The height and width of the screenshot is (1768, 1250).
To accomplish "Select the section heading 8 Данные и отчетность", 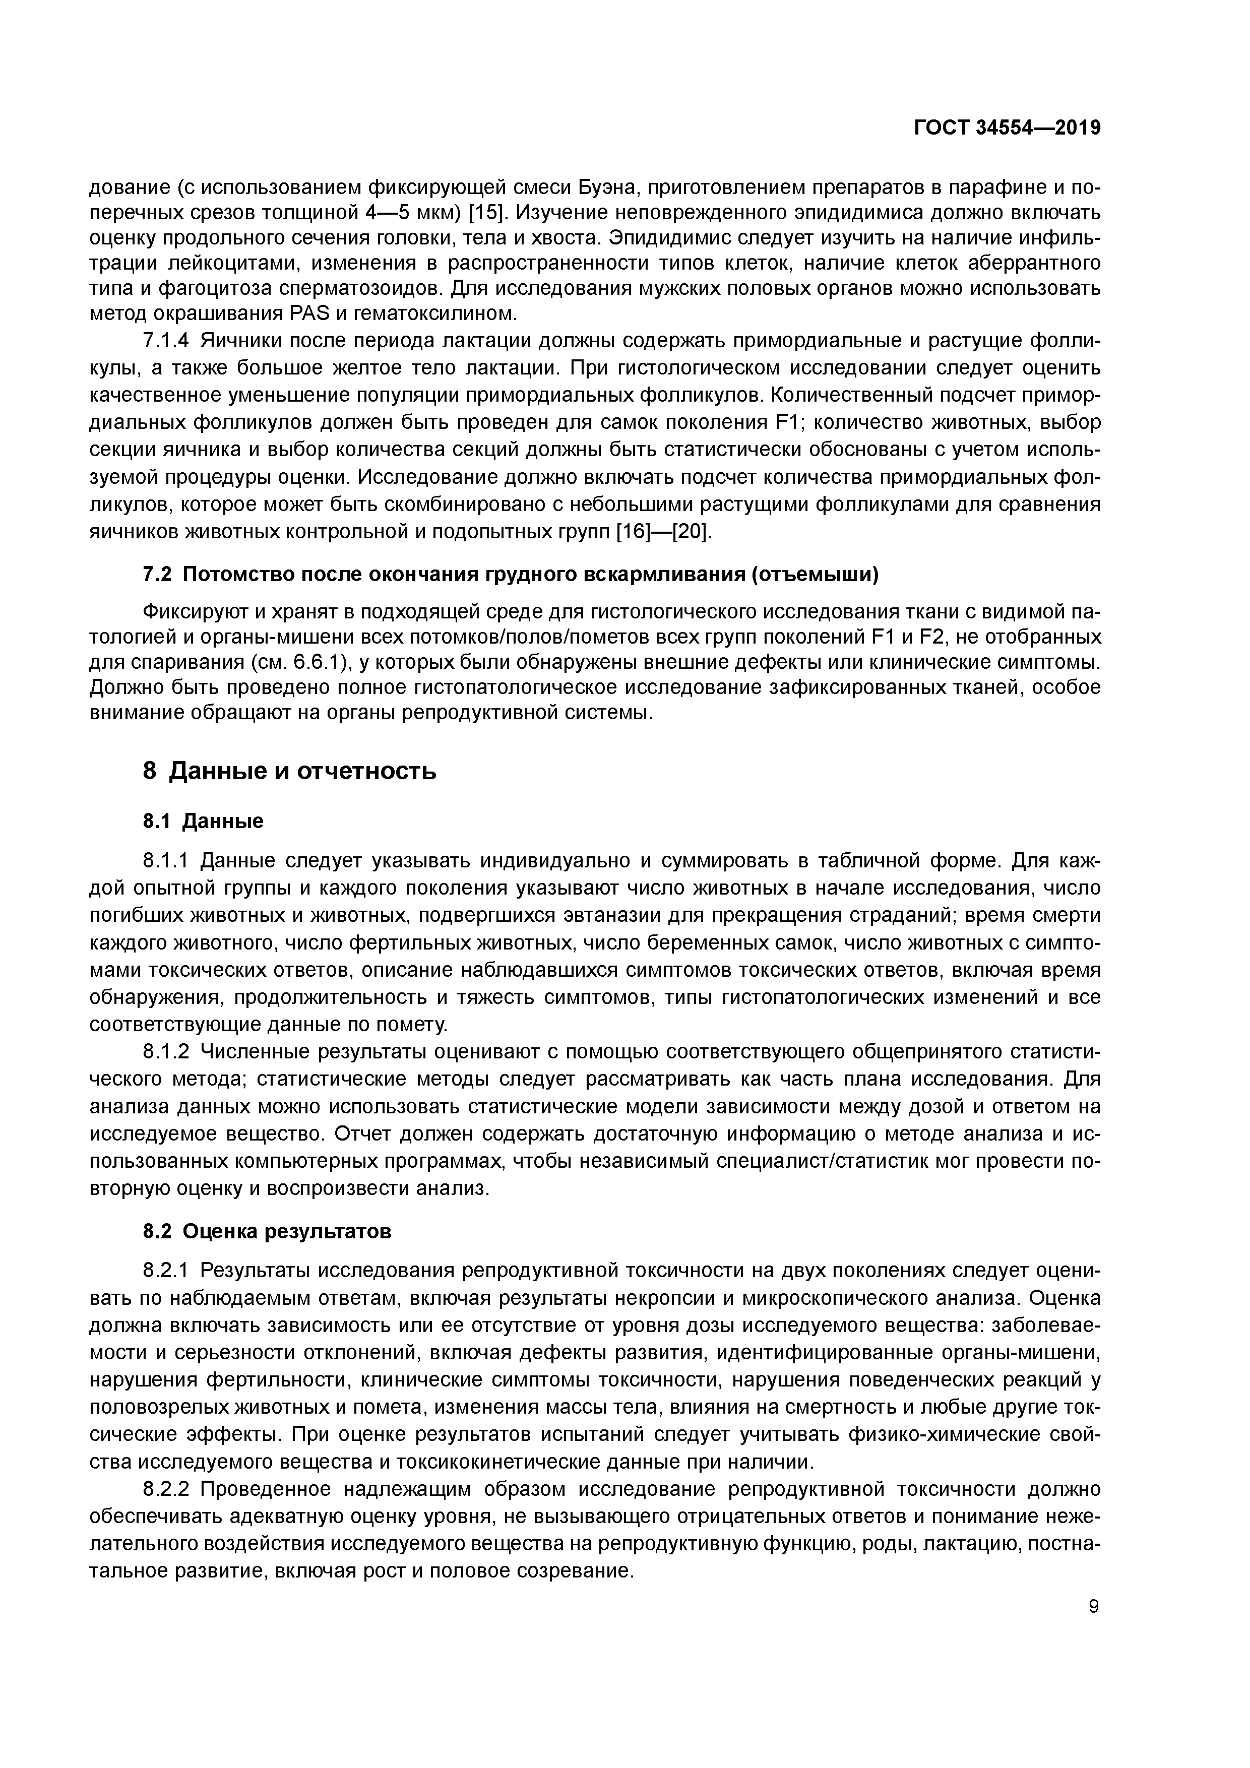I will point(290,770).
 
